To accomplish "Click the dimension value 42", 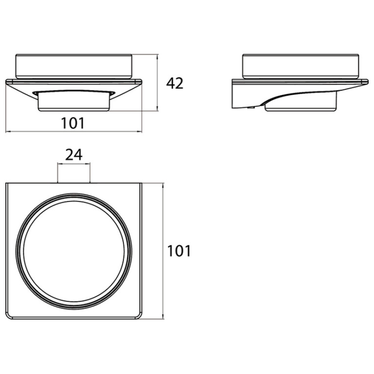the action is coord(175,83).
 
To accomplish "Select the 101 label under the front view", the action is coord(73,123).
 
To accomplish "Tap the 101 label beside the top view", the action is coord(179,251).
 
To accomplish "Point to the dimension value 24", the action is coord(74,155).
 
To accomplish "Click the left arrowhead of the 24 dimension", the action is coord(59,164).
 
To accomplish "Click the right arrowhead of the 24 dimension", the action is coord(88,164).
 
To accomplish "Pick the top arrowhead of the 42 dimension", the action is coord(157,57).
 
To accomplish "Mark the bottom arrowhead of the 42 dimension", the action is coord(157,109).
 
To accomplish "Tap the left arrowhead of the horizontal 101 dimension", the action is coord(8,131).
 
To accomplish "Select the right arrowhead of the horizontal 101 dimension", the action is coord(139,131).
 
